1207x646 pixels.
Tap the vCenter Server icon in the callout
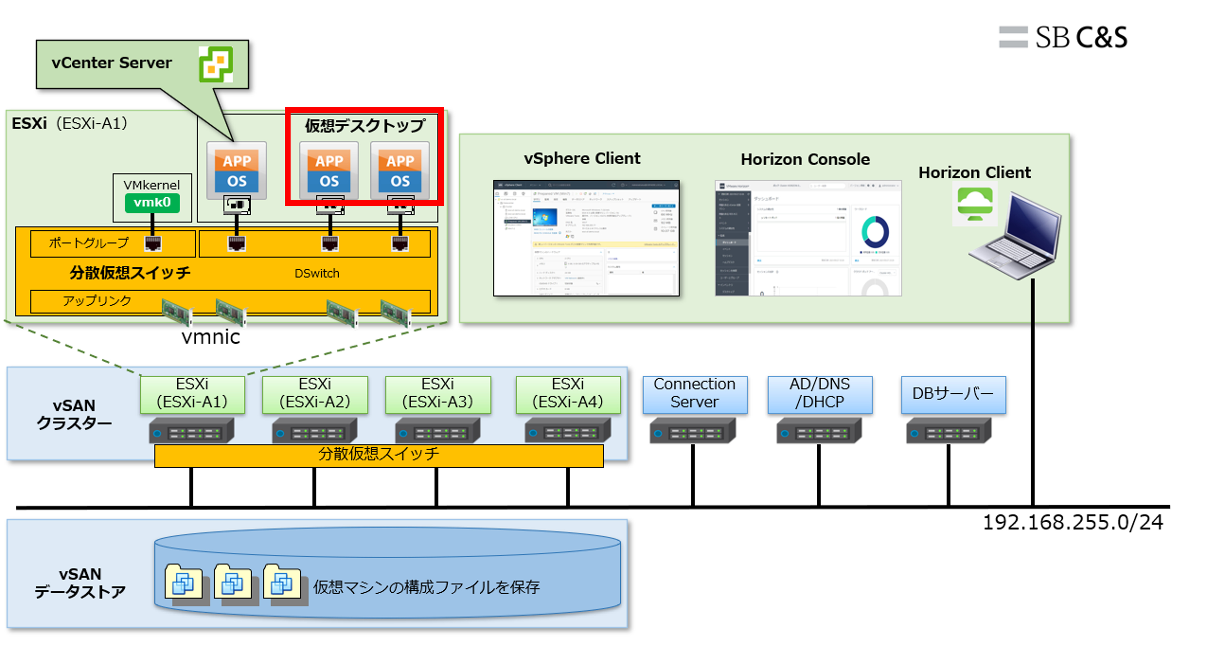click(x=216, y=64)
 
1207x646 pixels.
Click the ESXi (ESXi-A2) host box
click(x=315, y=393)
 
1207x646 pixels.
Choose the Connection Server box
click(x=694, y=393)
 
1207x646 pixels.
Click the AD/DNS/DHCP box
click(x=819, y=393)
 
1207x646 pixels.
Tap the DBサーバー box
click(x=953, y=393)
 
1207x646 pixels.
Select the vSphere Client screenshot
click(x=586, y=238)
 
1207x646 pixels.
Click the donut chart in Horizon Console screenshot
click(x=874, y=232)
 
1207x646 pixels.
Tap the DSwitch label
click(x=317, y=273)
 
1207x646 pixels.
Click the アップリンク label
click(x=97, y=300)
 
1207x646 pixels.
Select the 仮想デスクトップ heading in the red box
click(x=365, y=126)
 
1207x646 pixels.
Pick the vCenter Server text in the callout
click(x=111, y=63)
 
